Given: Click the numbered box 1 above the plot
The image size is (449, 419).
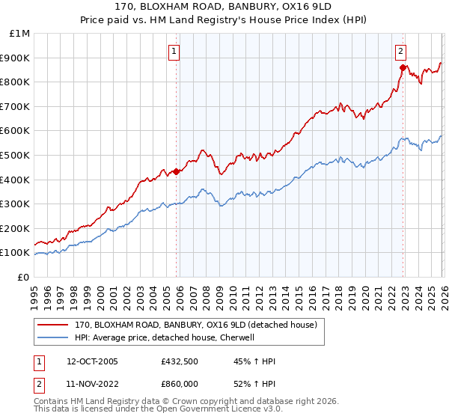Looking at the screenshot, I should pyautogui.click(x=174, y=52).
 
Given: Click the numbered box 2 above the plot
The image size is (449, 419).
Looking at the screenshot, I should pyautogui.click(x=401, y=52).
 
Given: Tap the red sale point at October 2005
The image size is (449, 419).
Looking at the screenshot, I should pyautogui.click(x=177, y=171).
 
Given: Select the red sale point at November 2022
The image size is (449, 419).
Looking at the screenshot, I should pyautogui.click(x=403, y=67).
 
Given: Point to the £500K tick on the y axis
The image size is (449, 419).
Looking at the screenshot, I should pyautogui.click(x=15, y=155).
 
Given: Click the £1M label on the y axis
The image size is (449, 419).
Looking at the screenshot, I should pyautogui.click(x=19, y=34).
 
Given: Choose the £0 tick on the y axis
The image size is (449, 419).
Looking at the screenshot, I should pyautogui.click(x=22, y=277).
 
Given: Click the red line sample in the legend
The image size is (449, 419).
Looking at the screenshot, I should pyautogui.click(x=53, y=325).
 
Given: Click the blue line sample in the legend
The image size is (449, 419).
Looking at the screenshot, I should pyautogui.click(x=53, y=337).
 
